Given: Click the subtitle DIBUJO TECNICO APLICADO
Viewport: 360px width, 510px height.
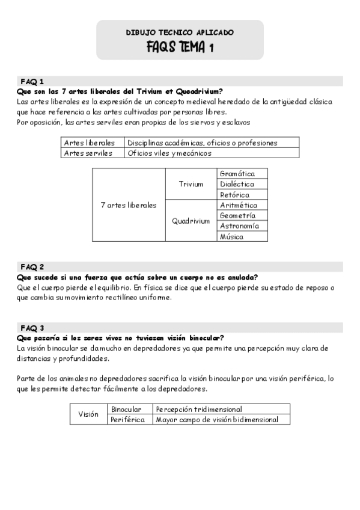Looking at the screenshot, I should [x=180, y=32].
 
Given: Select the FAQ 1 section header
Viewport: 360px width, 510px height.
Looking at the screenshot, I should [x=32, y=81].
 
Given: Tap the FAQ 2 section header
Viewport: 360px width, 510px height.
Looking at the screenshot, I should [x=32, y=266].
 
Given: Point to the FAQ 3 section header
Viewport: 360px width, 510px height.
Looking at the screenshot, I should [x=32, y=328].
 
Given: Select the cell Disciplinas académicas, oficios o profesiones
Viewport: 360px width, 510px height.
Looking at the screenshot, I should [x=202, y=143].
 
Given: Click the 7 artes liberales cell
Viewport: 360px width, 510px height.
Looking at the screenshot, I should [x=129, y=205].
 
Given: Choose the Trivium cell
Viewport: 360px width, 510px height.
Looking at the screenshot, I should [x=191, y=184].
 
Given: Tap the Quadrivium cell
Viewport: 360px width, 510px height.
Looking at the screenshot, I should [x=191, y=221].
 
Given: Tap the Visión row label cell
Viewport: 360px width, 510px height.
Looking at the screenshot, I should [x=88, y=414].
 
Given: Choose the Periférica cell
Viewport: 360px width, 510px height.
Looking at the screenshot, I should [x=128, y=420].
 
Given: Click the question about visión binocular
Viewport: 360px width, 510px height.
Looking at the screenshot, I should [x=121, y=337].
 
